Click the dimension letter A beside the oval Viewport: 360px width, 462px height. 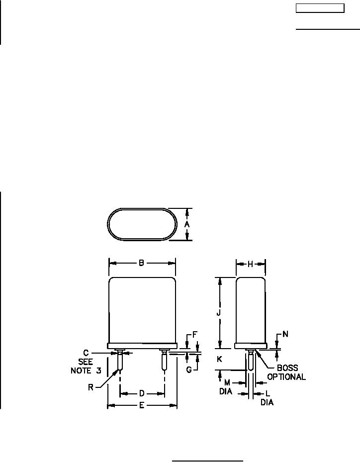pyautogui.click(x=187, y=224)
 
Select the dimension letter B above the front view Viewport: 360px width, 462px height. pyautogui.click(x=141, y=263)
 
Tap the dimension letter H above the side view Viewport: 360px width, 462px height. pyautogui.click(x=250, y=264)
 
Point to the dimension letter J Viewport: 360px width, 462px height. pyautogui.click(x=219, y=313)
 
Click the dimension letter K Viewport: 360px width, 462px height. pyautogui.click(x=219, y=359)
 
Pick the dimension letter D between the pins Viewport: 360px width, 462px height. pyautogui.click(x=142, y=393)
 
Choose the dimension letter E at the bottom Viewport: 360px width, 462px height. pyautogui.click(x=142, y=406)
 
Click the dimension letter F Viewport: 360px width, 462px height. pyautogui.click(x=195, y=334)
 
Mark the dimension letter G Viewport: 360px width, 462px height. pyautogui.click(x=189, y=369)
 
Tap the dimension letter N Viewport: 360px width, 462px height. pyautogui.click(x=285, y=334)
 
